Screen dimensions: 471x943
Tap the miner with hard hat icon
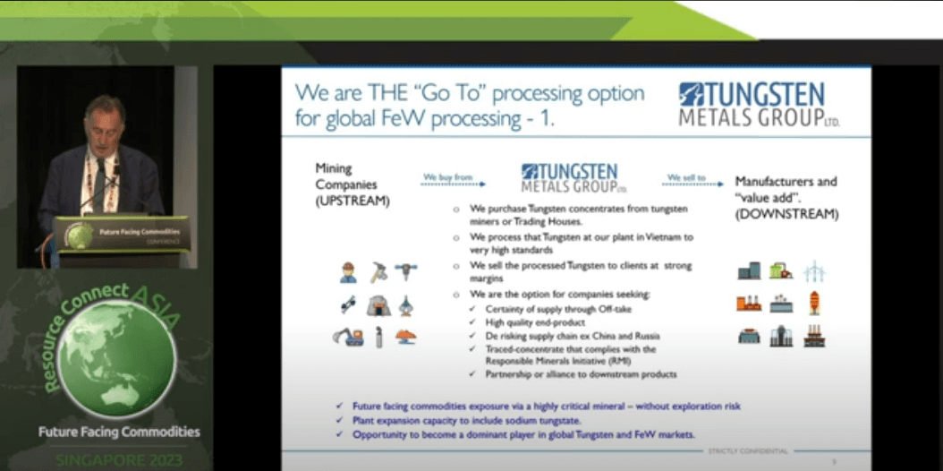(348, 270)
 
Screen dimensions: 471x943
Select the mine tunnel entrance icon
(378, 305)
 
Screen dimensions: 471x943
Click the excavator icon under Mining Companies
(348, 337)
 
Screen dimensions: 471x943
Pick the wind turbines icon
(813, 270)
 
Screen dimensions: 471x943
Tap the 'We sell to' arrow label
(686, 177)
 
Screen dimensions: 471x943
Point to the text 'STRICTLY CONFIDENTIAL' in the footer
(747, 450)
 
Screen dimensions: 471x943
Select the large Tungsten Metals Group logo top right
(760, 105)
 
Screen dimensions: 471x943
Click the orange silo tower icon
(814, 303)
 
